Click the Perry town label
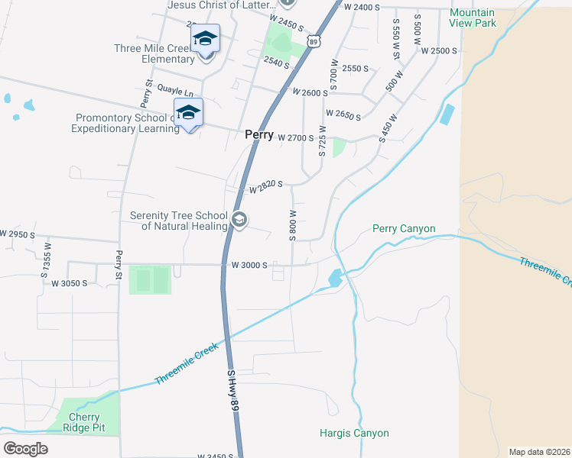pos(258,134)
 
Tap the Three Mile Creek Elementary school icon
pos(205,39)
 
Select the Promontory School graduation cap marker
pos(188,114)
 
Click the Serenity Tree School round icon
pos(239,221)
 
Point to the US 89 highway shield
pos(314,40)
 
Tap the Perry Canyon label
pos(404,228)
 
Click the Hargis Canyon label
pos(354,433)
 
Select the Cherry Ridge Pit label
pos(84,422)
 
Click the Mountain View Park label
pos(473,18)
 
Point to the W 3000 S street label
pos(249,266)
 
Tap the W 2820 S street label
pos(265,186)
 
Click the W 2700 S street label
pos(296,138)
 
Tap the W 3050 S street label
pos(68,283)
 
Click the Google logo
pos(25,449)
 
